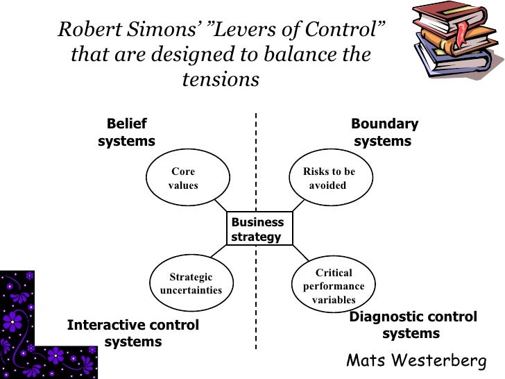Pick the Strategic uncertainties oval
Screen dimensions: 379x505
[191, 283]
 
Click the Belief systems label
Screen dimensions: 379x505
[126, 133]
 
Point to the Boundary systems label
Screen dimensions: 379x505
[384, 133]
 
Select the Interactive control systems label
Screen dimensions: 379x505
[133, 333]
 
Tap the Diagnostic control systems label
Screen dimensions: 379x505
[413, 325]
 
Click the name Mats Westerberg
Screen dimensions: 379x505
[416, 361]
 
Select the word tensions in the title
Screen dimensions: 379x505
[221, 79]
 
